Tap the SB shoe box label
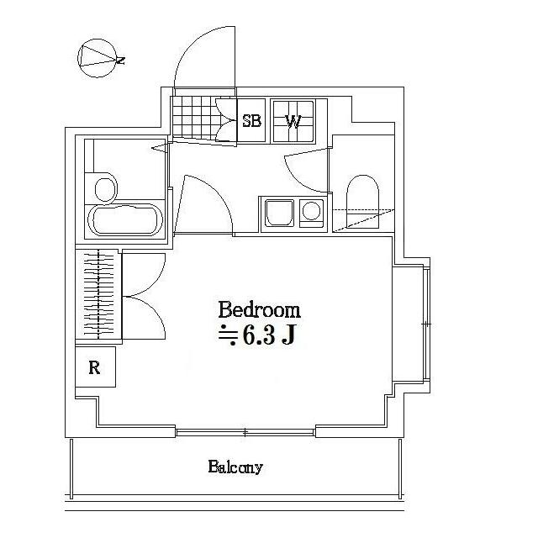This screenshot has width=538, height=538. pyautogui.click(x=251, y=120)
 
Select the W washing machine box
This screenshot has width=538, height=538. pyautogui.click(x=293, y=120)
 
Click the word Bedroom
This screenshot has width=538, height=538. pyautogui.click(x=259, y=309)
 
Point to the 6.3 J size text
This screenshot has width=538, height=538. pyautogui.click(x=257, y=336)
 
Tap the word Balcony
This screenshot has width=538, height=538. pyautogui.click(x=235, y=467)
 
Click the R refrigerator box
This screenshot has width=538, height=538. pyautogui.click(x=95, y=367)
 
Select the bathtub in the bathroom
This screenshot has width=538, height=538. pyautogui.click(x=124, y=221)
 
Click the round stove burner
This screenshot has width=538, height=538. pyautogui.click(x=312, y=211)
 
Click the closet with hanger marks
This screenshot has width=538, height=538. pyautogui.click(x=98, y=295)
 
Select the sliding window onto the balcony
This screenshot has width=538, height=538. pyautogui.click(x=245, y=432)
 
